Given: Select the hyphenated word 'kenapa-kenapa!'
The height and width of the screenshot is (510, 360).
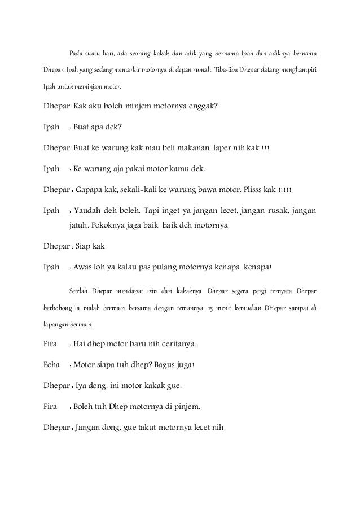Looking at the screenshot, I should pyautogui.click(x=247, y=267).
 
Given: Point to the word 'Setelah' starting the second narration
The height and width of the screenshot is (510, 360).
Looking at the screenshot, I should pyautogui.click(x=79, y=292).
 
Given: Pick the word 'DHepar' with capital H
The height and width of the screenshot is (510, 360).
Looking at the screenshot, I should pyautogui.click(x=273, y=309).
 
